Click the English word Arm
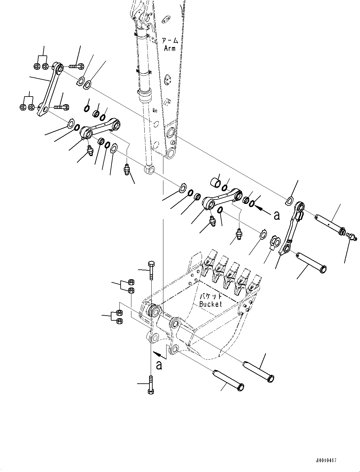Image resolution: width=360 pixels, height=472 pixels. tap(170, 48)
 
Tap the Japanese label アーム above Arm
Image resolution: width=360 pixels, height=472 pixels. tap(170, 41)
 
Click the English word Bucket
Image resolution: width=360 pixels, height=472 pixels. tap(211, 304)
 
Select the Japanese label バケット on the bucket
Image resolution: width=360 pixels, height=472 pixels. tap(211, 297)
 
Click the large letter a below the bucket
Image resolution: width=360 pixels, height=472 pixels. tap(159, 365)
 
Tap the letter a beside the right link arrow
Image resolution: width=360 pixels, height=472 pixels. tap(277, 215)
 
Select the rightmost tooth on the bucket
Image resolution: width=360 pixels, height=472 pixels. tap(256, 283)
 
